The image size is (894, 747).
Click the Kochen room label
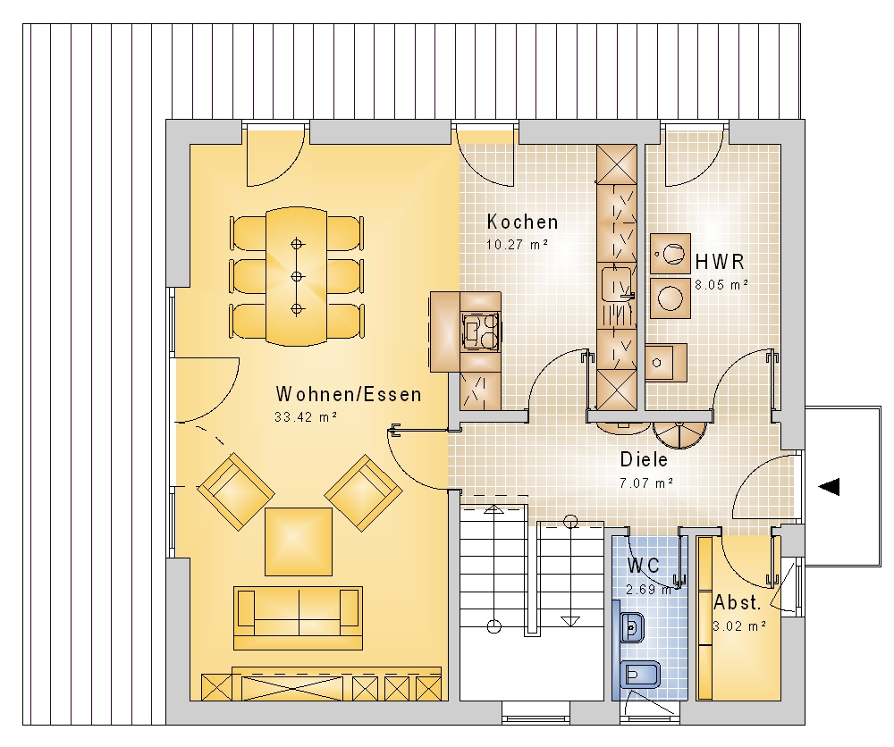point(522,222)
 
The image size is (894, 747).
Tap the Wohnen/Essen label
point(349,394)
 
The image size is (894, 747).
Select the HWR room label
point(720,262)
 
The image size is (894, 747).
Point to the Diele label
point(644,459)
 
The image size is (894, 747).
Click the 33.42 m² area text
point(306,417)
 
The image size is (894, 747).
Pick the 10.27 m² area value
point(517,245)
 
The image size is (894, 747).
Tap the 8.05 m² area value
point(721,284)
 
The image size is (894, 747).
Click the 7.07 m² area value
point(646,483)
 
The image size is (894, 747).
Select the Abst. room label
point(738,602)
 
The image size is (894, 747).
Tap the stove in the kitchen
point(481,330)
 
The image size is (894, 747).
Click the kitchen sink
point(617,282)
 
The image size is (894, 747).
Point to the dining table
point(297,276)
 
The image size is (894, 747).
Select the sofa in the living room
point(299,617)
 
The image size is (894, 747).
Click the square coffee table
point(299,541)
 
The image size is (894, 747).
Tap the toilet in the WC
point(640,676)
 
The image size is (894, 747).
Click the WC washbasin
point(632,628)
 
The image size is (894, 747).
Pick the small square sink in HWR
point(666,363)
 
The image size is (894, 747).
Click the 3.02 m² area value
point(739,626)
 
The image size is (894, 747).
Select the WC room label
point(644,566)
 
